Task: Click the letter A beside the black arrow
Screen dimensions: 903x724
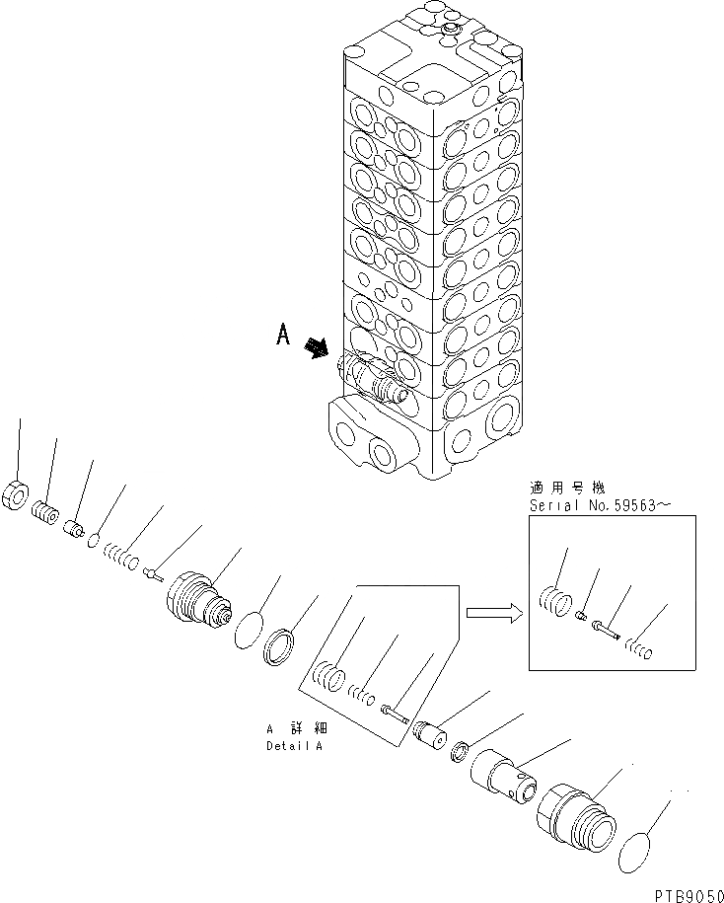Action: pyautogui.click(x=283, y=337)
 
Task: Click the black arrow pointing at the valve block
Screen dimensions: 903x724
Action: pyautogui.click(x=318, y=347)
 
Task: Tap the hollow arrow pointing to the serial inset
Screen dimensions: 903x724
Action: pyautogui.click(x=492, y=614)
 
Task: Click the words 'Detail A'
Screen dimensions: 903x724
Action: pyautogui.click(x=294, y=745)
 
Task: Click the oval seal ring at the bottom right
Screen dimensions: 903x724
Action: pyautogui.click(x=641, y=853)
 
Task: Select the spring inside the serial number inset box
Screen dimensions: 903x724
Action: pyautogui.click(x=639, y=647)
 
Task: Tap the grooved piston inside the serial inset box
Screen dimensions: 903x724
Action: pyautogui.click(x=554, y=597)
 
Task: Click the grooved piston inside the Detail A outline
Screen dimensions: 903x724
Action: pyautogui.click(x=327, y=679)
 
